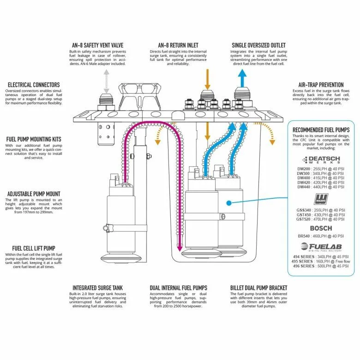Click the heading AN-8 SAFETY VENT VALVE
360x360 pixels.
tap(97, 45)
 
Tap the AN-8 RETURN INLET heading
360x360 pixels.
tap(178, 45)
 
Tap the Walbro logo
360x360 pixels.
tap(321, 199)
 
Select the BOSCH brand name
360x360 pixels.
tap(321, 228)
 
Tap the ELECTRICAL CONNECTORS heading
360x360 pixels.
tap(33, 85)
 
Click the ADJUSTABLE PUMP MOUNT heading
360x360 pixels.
tap(34, 194)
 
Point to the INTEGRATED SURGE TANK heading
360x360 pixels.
tap(97, 288)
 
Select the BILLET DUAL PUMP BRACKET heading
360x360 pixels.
tap(258, 288)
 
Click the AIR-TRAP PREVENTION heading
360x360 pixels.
tap(321, 85)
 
